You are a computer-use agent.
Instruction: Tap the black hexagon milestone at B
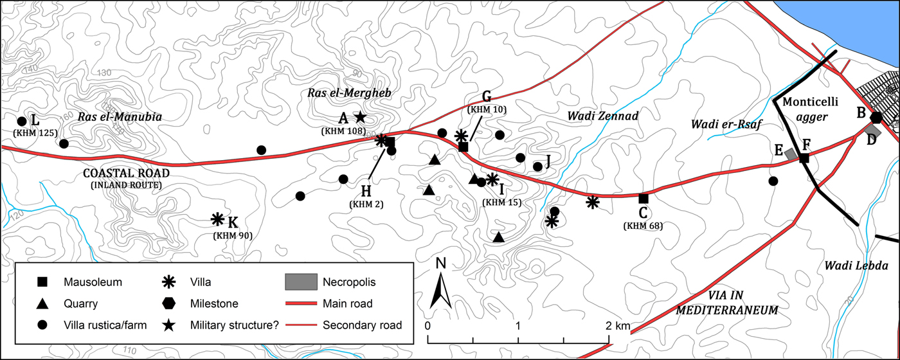click(876, 117)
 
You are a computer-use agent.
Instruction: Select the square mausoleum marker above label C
click(643, 198)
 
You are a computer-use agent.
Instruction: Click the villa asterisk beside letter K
click(218, 219)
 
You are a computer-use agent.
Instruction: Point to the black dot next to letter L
click(21, 121)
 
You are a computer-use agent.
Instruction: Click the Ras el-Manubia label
click(120, 117)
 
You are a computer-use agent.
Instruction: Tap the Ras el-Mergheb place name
click(345, 94)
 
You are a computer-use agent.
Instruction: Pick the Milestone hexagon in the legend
click(169, 303)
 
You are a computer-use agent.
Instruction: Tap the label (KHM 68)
click(643, 226)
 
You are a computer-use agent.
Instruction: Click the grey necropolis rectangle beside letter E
click(791, 154)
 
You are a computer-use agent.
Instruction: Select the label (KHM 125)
click(35, 132)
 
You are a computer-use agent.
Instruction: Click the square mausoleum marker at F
click(804, 157)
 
